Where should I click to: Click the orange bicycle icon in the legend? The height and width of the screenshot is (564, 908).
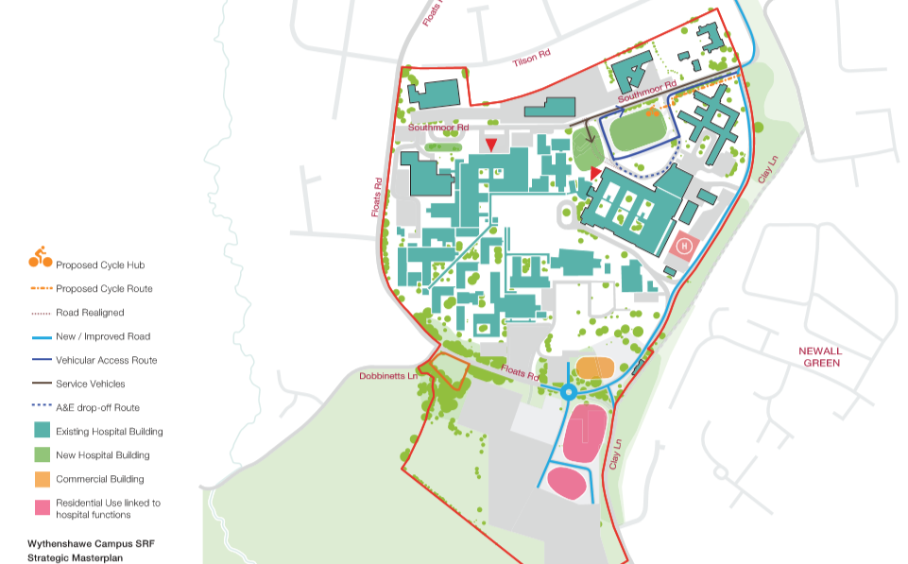coord(40,256)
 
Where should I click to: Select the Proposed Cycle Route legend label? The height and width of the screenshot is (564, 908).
coord(104,289)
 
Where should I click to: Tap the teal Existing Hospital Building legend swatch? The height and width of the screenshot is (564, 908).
coord(41,431)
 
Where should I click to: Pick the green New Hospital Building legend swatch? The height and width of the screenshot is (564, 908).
coord(41,454)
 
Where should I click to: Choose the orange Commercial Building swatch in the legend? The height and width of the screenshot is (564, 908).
coord(41,479)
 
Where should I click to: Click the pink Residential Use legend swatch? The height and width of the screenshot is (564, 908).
coord(41,508)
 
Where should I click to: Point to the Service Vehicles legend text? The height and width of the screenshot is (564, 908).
coord(90,385)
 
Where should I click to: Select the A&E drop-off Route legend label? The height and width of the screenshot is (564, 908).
coord(97,408)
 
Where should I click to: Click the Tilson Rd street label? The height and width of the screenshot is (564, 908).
coord(530,59)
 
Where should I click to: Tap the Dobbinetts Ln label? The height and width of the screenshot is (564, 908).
coord(388,376)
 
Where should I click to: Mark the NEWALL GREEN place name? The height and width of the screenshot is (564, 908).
coord(821,356)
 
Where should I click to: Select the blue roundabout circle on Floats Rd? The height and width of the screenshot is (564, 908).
coord(568,392)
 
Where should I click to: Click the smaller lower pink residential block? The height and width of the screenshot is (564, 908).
coord(567,483)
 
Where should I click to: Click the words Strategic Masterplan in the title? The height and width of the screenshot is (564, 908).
coord(75,557)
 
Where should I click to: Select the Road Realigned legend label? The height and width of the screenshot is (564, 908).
coord(90,313)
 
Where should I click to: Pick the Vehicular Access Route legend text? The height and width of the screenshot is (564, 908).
coord(106,361)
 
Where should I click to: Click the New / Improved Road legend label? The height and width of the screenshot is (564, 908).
coord(103,336)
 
